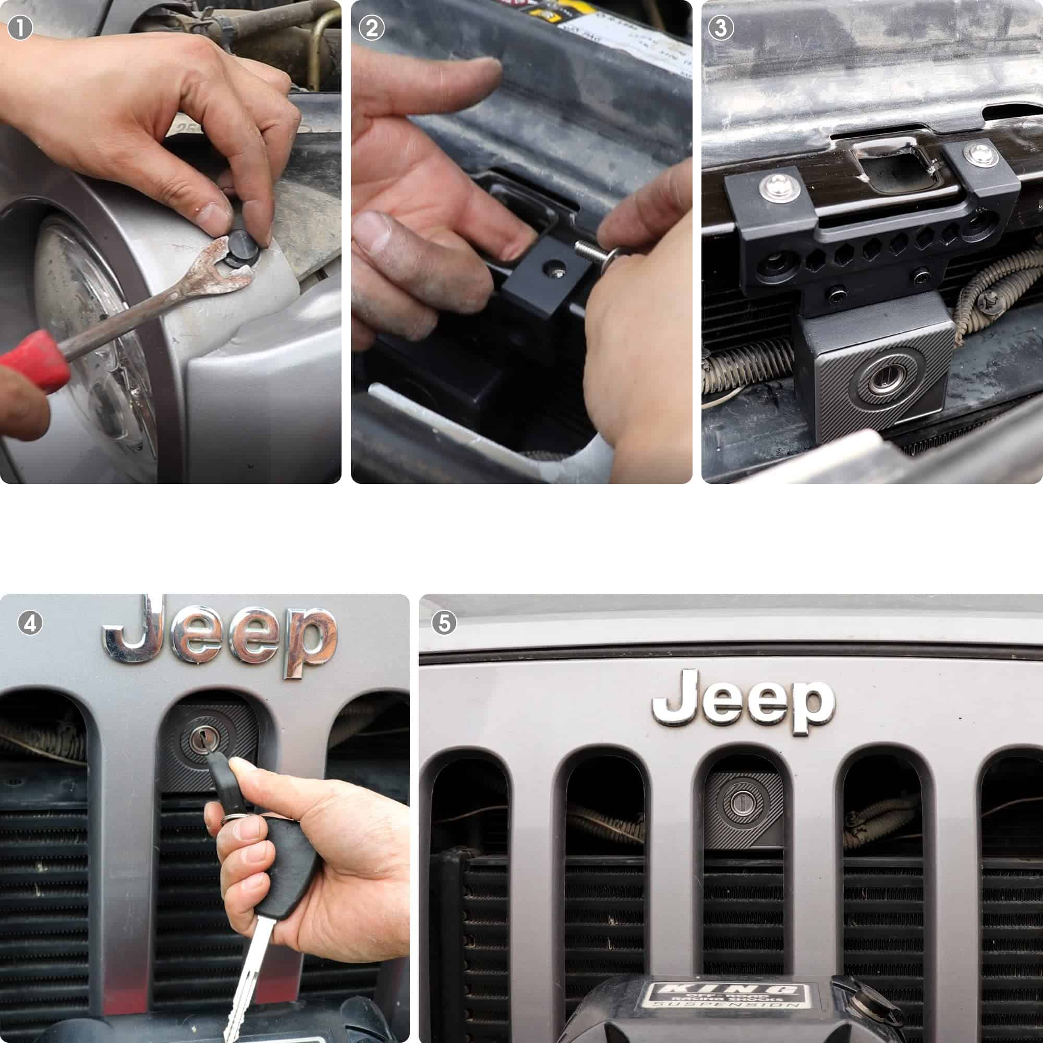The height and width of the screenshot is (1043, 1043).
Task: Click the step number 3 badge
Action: tap(721, 28)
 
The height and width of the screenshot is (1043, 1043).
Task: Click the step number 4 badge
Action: tap(30, 624)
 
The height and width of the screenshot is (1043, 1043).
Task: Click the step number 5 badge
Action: tap(444, 623)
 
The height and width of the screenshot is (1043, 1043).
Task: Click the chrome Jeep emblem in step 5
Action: tap(743, 700)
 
